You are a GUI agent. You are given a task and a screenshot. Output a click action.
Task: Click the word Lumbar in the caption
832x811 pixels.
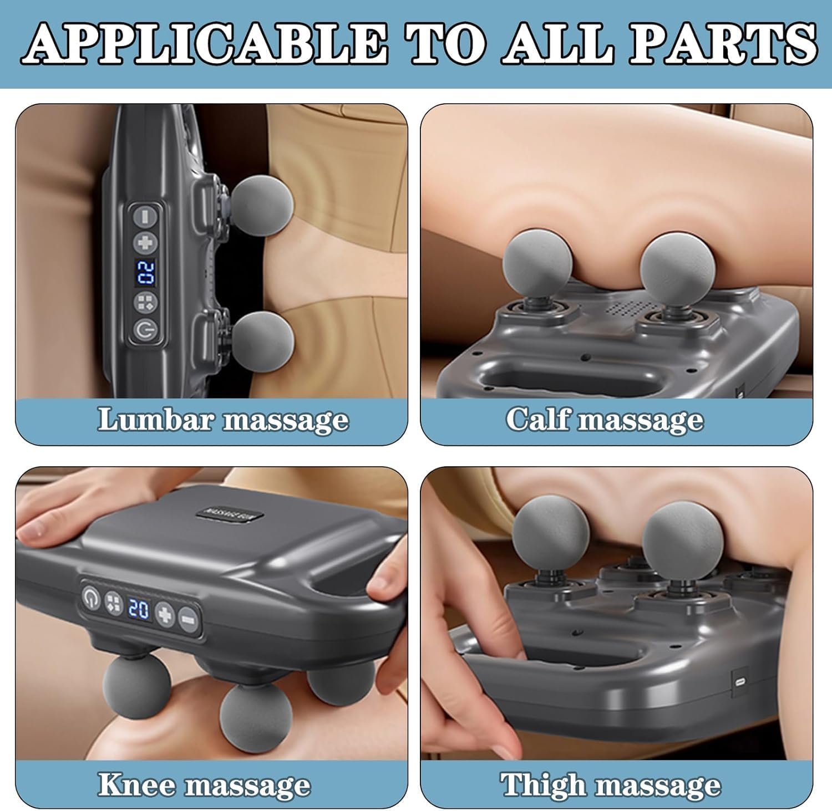[x=156, y=419]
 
